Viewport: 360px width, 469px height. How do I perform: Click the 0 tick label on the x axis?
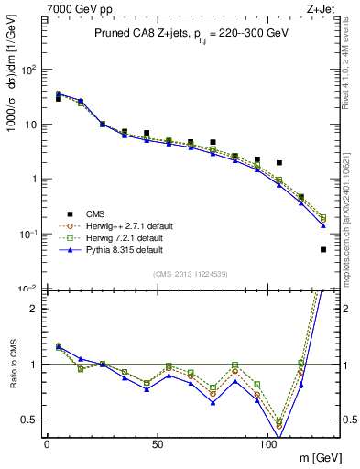point(47,443)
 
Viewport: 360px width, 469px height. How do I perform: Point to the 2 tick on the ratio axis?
point(32,308)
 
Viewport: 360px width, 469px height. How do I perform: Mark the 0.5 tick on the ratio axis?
point(28,420)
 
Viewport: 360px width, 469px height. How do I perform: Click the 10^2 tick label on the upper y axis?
point(27,70)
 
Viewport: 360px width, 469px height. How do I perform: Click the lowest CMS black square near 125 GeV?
point(323,249)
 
